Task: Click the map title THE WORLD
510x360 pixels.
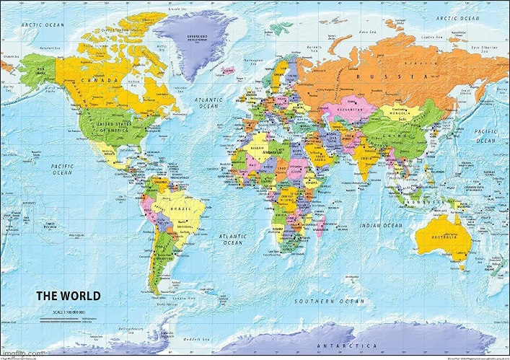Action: point(69,296)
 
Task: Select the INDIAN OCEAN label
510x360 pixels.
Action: point(382,226)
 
